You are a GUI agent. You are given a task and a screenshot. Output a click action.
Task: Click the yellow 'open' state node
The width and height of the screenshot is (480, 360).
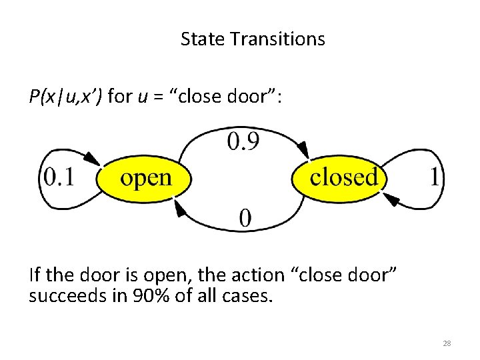[x=145, y=178]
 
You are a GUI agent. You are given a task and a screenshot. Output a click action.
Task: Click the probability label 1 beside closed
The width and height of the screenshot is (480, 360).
[x=435, y=177]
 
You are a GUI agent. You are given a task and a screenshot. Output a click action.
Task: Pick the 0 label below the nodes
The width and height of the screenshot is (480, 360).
[x=245, y=218]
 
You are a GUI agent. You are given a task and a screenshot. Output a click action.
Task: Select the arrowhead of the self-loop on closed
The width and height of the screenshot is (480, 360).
[x=392, y=199]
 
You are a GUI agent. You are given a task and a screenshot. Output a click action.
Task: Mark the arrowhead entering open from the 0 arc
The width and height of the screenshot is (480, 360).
[x=180, y=209]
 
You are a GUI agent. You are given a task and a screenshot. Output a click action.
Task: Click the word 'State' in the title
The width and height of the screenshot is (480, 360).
[x=203, y=39]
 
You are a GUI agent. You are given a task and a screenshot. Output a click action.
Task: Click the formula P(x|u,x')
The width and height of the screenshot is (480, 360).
[x=65, y=97]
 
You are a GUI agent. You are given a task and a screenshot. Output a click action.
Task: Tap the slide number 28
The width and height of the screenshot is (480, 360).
[x=447, y=343]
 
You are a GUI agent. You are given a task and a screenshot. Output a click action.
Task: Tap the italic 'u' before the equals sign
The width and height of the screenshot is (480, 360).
[x=142, y=97]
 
